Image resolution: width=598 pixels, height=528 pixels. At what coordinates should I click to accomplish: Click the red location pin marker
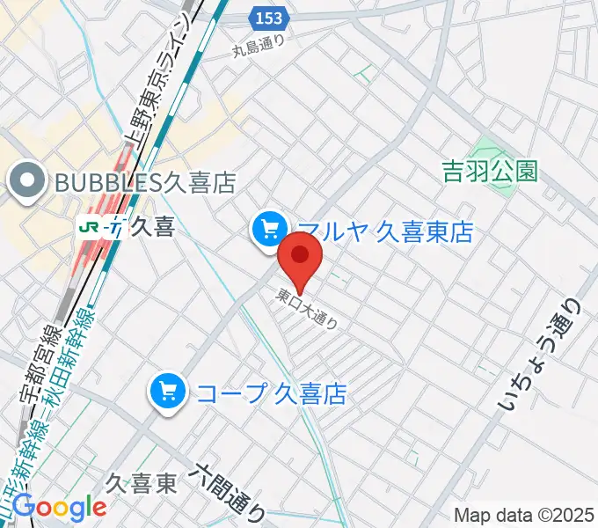[300, 256]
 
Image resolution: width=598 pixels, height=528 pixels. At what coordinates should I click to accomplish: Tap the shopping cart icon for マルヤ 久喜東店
[268, 230]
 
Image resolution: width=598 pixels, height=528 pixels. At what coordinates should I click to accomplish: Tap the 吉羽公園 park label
[490, 171]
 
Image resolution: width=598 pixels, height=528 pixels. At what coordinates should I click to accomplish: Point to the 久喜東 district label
[142, 482]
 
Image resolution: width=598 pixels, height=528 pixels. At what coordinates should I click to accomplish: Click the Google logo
[60, 507]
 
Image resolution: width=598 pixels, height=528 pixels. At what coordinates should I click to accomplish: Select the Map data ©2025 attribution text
[524, 515]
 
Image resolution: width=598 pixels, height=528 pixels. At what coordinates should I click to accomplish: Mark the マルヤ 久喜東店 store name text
[385, 231]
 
